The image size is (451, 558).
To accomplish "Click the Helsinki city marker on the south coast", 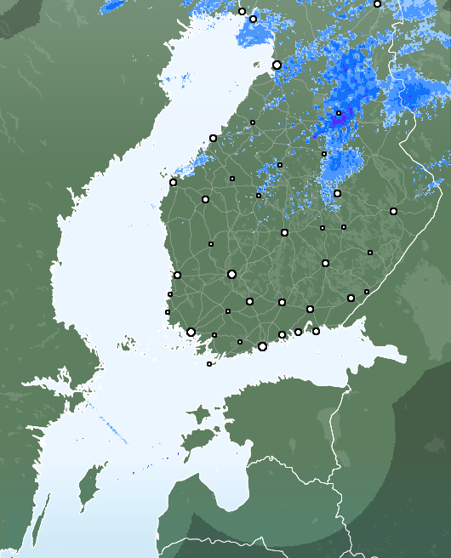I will click(262, 346).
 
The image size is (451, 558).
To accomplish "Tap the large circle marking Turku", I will click(191, 332).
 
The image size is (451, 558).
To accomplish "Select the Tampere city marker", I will click(231, 274).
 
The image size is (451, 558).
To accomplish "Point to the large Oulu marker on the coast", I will click(277, 65).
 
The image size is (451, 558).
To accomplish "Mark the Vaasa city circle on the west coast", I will click(173, 182).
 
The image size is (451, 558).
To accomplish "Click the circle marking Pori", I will click(177, 275).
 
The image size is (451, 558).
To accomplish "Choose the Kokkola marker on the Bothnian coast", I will click(213, 138).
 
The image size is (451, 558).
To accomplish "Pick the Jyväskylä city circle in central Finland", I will click(284, 232).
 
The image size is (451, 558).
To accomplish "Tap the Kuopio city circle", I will click(337, 193).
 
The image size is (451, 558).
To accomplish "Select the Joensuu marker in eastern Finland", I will click(393, 211).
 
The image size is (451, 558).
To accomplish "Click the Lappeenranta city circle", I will click(351, 298).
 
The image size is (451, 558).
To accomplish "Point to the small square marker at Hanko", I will click(209, 364).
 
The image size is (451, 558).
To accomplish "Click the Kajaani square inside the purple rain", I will click(339, 112).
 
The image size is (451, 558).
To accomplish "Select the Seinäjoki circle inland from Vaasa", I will click(205, 199).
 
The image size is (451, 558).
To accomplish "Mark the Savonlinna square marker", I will click(370, 252).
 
